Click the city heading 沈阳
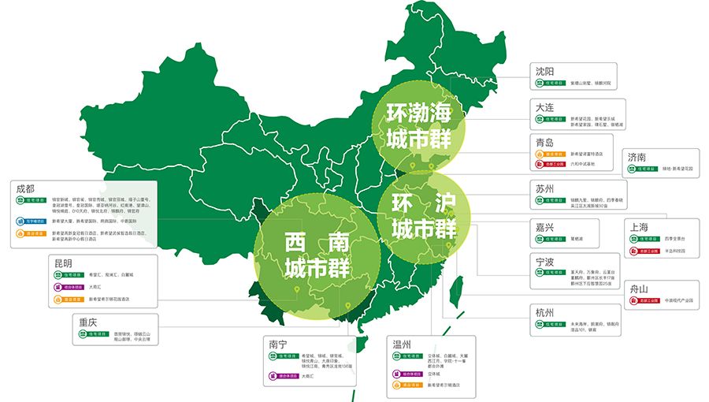click(x=544, y=71)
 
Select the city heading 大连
click(x=544, y=107)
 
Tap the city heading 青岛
click(x=544, y=143)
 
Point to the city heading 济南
click(x=637, y=157)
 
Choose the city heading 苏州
click(x=544, y=189)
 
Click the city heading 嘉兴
click(x=544, y=227)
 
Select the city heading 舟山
click(x=639, y=289)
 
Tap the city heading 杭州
click(x=544, y=312)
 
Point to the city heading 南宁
click(x=277, y=344)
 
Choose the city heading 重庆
click(x=87, y=322)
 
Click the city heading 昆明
click(x=63, y=262)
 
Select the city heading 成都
click(x=24, y=189)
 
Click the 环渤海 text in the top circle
click(x=418, y=113)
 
